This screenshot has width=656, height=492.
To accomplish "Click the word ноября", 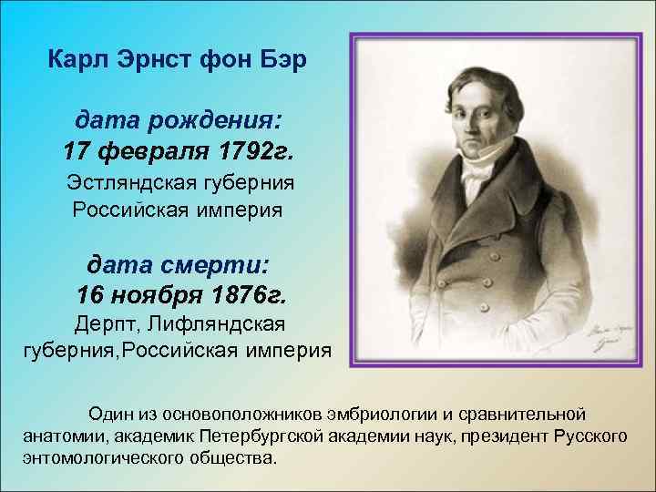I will (x=157, y=296).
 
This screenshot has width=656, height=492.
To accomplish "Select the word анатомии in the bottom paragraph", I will (x=58, y=435).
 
